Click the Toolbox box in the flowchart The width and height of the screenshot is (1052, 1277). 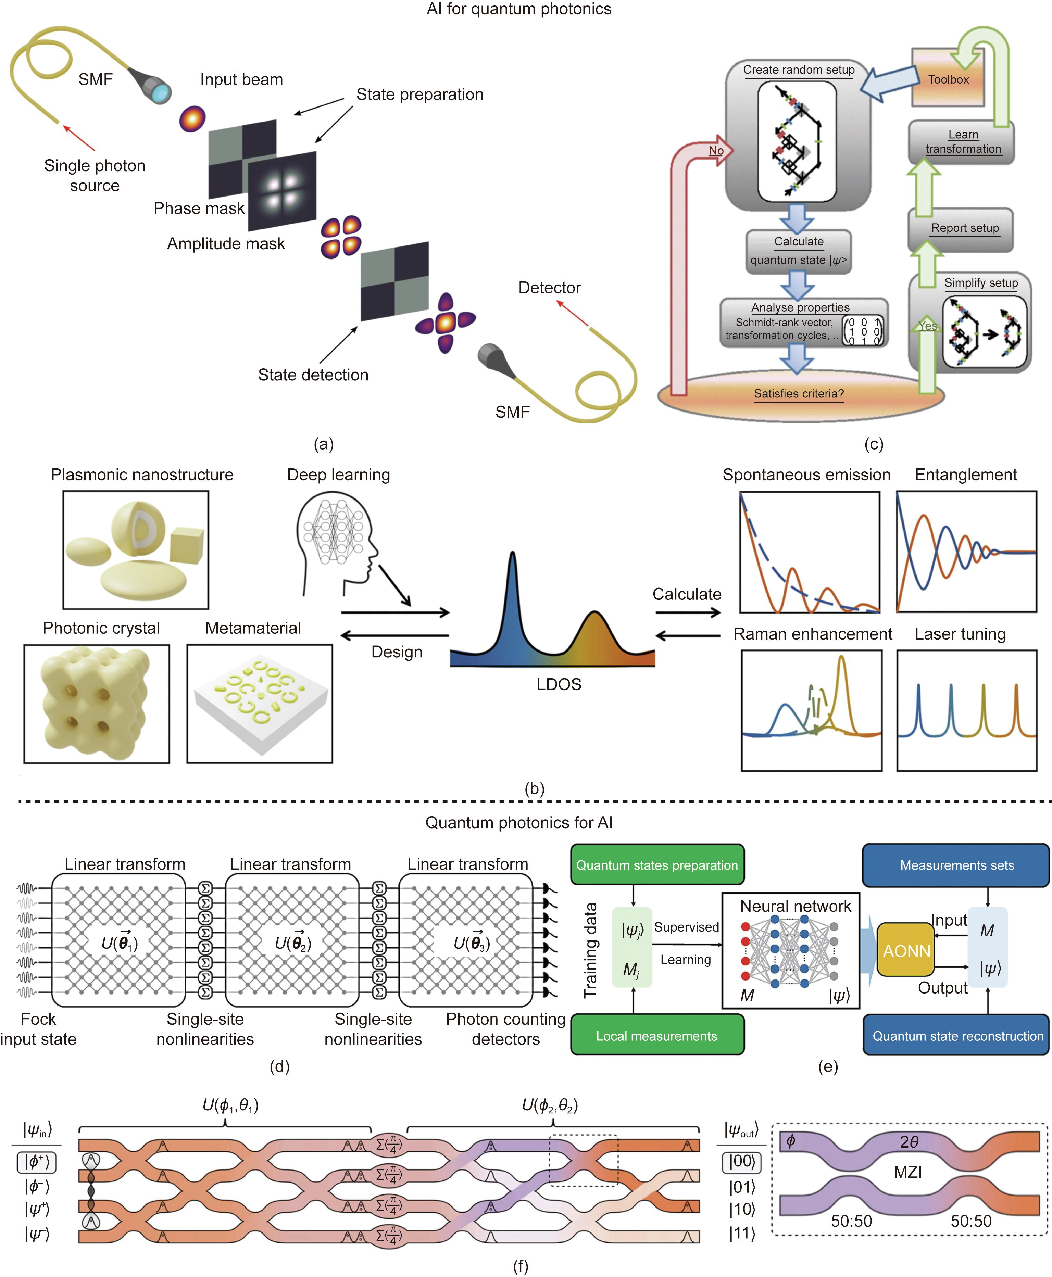click(x=948, y=79)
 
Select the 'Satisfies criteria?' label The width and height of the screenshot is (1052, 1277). click(x=799, y=394)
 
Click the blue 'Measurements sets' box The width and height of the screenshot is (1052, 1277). click(x=956, y=865)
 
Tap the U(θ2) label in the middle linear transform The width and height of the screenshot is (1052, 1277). click(x=293, y=943)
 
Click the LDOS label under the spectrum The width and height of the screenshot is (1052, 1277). click(x=558, y=684)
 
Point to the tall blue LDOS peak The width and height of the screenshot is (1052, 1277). click(x=513, y=582)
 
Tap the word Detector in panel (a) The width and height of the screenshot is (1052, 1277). click(x=549, y=288)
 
